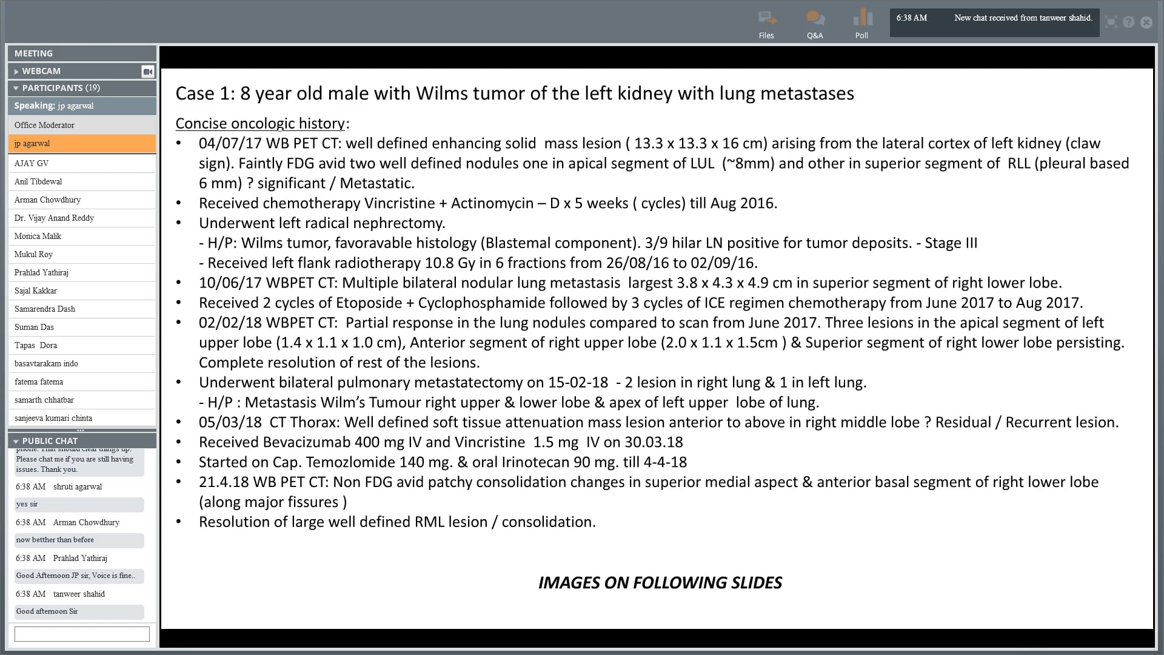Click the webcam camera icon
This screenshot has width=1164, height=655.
point(147,72)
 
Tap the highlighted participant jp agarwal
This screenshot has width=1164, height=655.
point(82,144)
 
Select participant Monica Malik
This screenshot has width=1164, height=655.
point(38,236)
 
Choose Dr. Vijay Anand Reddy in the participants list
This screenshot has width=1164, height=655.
point(54,218)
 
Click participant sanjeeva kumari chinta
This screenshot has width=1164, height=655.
point(53,418)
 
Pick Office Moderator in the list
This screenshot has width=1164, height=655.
point(44,125)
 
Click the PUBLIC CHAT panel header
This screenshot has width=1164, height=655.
point(50,441)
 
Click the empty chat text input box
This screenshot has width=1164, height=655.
point(82,634)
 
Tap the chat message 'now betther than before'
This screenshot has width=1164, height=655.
point(55,540)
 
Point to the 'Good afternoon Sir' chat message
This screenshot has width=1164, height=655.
point(47,611)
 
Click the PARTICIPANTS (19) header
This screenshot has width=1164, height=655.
point(61,88)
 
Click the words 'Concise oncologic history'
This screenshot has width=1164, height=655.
point(260,124)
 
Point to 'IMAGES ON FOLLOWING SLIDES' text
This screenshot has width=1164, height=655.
point(660,583)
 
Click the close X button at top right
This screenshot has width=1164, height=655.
point(1146,22)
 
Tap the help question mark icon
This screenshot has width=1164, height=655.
point(1128,22)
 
